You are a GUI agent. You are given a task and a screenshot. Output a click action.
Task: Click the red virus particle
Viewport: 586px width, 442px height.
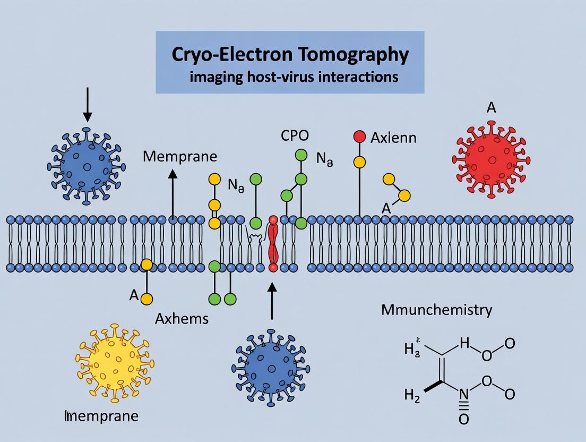pyautogui.click(x=491, y=158)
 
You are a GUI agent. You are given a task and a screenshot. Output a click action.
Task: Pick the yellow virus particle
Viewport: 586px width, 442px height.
pyautogui.click(x=116, y=364)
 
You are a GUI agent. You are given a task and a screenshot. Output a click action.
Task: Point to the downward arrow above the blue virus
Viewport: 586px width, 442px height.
pyautogui.click(x=88, y=104)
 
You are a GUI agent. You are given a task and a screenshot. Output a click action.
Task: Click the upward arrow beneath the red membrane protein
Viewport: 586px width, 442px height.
pyautogui.click(x=272, y=301)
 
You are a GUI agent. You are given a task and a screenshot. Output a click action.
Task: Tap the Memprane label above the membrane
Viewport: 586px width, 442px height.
pyautogui.click(x=180, y=156)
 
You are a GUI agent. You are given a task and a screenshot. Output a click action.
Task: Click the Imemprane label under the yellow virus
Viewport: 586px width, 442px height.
pyautogui.click(x=101, y=416)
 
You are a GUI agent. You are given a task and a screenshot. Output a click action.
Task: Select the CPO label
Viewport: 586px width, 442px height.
pyautogui.click(x=295, y=135)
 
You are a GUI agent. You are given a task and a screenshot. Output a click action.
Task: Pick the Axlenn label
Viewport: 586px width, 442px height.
pyautogui.click(x=393, y=138)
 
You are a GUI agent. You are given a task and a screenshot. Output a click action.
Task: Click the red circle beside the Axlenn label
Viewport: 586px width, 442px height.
pyautogui.click(x=359, y=137)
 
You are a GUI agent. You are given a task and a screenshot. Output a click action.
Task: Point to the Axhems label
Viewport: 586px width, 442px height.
pyautogui.click(x=182, y=319)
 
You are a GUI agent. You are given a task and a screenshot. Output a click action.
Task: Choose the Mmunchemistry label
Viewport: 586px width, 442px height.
pyautogui.click(x=436, y=310)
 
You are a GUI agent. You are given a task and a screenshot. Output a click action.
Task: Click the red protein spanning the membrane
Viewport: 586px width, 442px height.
pyautogui.click(x=273, y=244)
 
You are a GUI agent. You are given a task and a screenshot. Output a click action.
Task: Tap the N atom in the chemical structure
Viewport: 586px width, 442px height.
pyautogui.click(x=463, y=394)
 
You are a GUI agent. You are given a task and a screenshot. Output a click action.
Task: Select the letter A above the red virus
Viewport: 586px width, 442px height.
pyautogui.click(x=491, y=108)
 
